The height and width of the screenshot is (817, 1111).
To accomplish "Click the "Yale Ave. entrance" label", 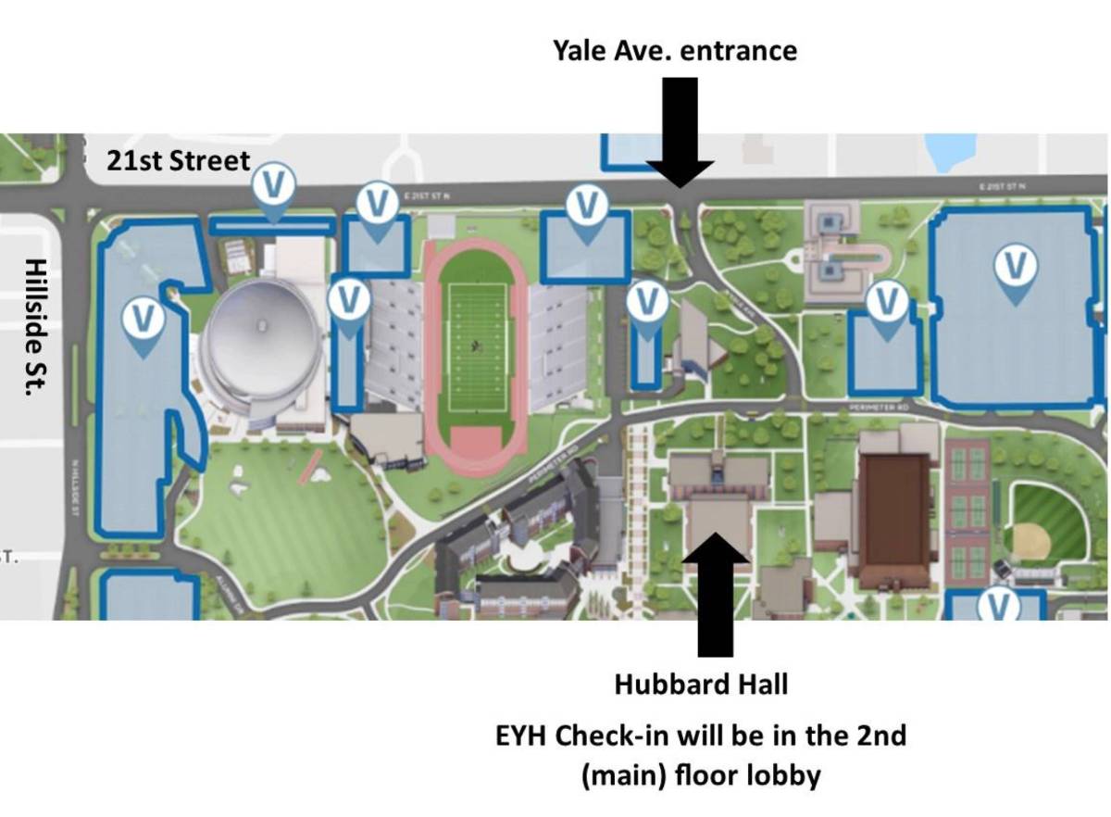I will (674, 49).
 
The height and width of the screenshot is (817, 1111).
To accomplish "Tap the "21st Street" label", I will (178, 160).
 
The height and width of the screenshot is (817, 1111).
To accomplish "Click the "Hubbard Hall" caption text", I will (701, 685).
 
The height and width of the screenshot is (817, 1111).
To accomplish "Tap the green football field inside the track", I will (476, 347).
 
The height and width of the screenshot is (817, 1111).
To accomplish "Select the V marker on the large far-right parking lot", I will (1016, 268).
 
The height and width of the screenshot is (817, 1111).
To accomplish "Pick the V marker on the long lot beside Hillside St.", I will (143, 320).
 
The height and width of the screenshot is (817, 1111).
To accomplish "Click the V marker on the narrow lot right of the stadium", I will (646, 303).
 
